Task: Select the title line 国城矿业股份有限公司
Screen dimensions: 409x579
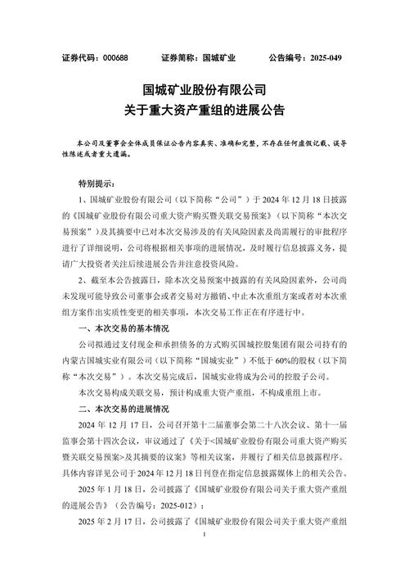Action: point(204,88)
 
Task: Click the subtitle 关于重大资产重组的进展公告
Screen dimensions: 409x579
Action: point(204,109)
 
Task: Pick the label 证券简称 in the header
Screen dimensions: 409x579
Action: point(180,58)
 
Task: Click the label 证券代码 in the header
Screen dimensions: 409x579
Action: point(83,58)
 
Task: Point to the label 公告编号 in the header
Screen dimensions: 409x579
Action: point(281,58)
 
